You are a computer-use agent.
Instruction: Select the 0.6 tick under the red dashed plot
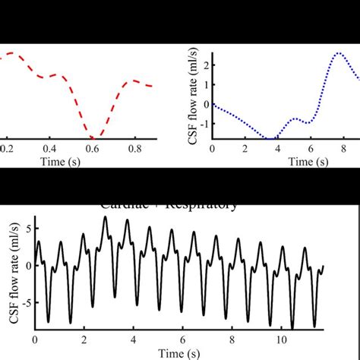(92, 150)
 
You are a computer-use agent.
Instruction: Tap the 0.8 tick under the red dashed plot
(134, 150)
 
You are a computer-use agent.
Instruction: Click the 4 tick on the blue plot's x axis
(277, 149)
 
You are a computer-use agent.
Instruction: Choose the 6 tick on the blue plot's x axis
(310, 149)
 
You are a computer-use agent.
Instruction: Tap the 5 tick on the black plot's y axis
(28, 227)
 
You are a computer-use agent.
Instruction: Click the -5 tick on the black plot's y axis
(26, 303)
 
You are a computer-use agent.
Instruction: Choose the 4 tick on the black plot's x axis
(133, 339)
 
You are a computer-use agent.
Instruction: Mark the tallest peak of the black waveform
(105, 216)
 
